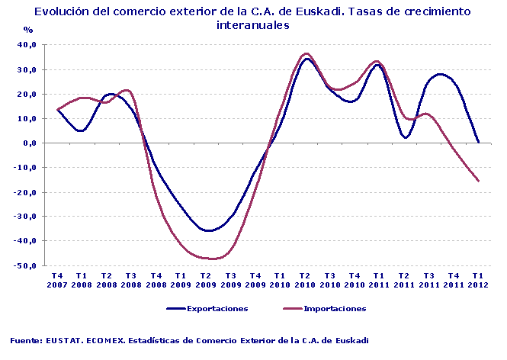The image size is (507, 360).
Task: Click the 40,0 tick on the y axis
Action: (x=26, y=45)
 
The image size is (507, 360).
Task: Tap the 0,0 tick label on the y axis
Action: (x=28, y=143)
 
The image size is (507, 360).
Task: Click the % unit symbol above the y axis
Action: (x=28, y=30)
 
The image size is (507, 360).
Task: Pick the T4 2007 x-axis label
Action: (x=57, y=279)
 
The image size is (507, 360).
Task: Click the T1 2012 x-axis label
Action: (x=478, y=279)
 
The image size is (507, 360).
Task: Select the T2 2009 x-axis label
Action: (x=205, y=279)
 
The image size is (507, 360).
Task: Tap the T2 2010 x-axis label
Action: (x=304, y=279)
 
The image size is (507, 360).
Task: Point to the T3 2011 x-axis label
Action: (x=428, y=279)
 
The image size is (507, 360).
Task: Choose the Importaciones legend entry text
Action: (x=335, y=309)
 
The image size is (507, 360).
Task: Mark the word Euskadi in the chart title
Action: (x=361, y=12)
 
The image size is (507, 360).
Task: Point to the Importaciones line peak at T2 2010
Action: (x=306, y=53)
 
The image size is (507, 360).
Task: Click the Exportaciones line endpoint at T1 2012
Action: (x=478, y=142)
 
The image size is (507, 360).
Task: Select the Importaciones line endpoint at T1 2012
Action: (x=478, y=181)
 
